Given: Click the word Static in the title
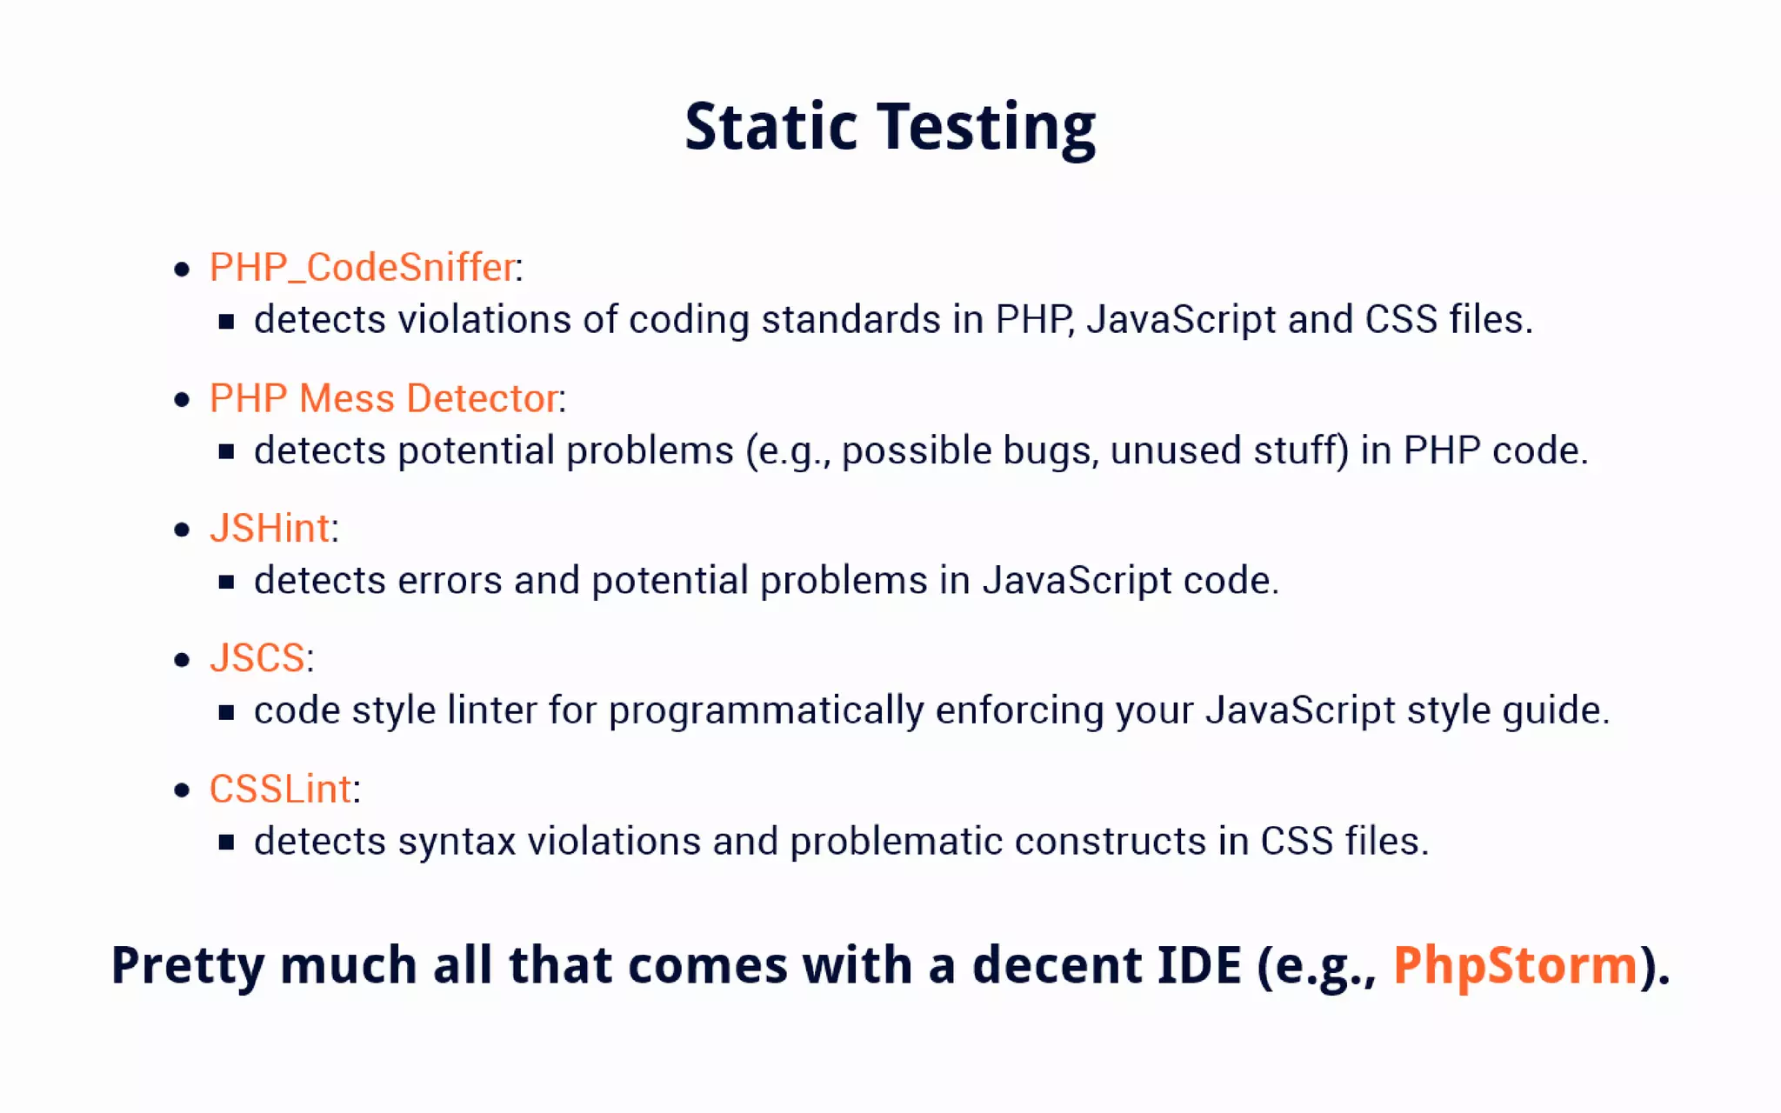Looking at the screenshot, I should click(x=770, y=127).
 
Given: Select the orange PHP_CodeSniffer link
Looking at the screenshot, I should click(x=363, y=267).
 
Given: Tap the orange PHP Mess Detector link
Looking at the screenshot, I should click(x=384, y=398).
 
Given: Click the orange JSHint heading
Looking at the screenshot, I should click(x=270, y=529).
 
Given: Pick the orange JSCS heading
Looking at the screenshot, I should click(x=257, y=658).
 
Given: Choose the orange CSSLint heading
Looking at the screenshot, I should click(x=280, y=790).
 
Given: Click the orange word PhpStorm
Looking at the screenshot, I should click(x=1515, y=965).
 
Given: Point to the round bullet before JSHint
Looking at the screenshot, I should click(x=182, y=530).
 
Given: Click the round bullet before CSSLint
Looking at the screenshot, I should click(x=182, y=790).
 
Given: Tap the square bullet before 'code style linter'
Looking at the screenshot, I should click(x=226, y=713).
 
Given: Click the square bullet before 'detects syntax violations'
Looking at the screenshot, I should click(x=226, y=843).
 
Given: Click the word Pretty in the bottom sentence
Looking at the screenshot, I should click(x=188, y=967).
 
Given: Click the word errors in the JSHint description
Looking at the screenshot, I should click(x=450, y=581).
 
